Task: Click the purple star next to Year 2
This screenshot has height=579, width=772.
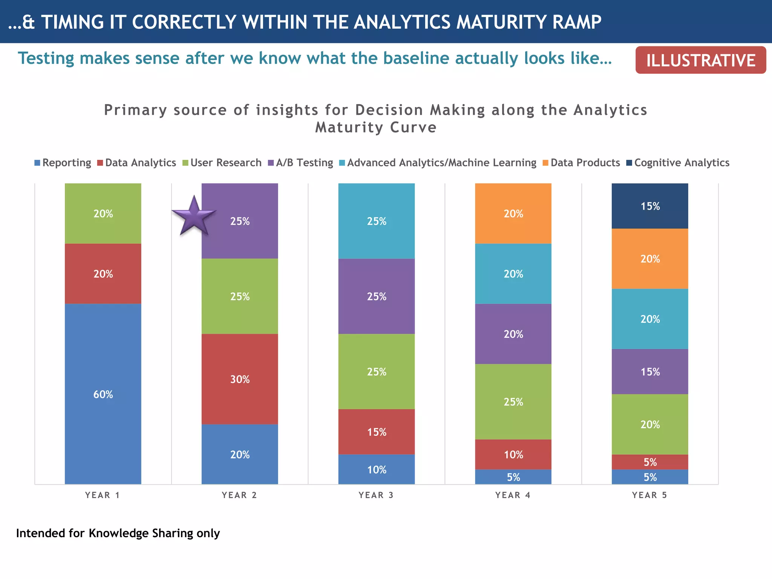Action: [194, 216]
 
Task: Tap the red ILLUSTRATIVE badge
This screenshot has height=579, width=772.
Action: [700, 60]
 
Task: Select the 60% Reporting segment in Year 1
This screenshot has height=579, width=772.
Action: [103, 394]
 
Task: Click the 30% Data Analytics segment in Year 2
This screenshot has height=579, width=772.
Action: [240, 379]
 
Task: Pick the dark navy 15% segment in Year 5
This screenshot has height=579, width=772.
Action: [650, 206]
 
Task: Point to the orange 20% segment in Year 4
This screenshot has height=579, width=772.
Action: [513, 213]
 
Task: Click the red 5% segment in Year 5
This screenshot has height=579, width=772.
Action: [650, 462]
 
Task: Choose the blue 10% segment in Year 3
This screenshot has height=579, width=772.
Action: [376, 469]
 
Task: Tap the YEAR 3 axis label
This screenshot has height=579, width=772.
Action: [376, 495]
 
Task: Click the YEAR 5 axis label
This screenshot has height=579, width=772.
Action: [649, 495]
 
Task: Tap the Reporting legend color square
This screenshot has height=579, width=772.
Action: [37, 163]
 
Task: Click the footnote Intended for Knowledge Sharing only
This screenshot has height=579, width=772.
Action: [118, 533]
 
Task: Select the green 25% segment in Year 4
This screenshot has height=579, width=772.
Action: [513, 401]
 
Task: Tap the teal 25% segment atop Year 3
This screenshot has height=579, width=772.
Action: [376, 221]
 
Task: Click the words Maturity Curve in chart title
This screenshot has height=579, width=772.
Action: [376, 127]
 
